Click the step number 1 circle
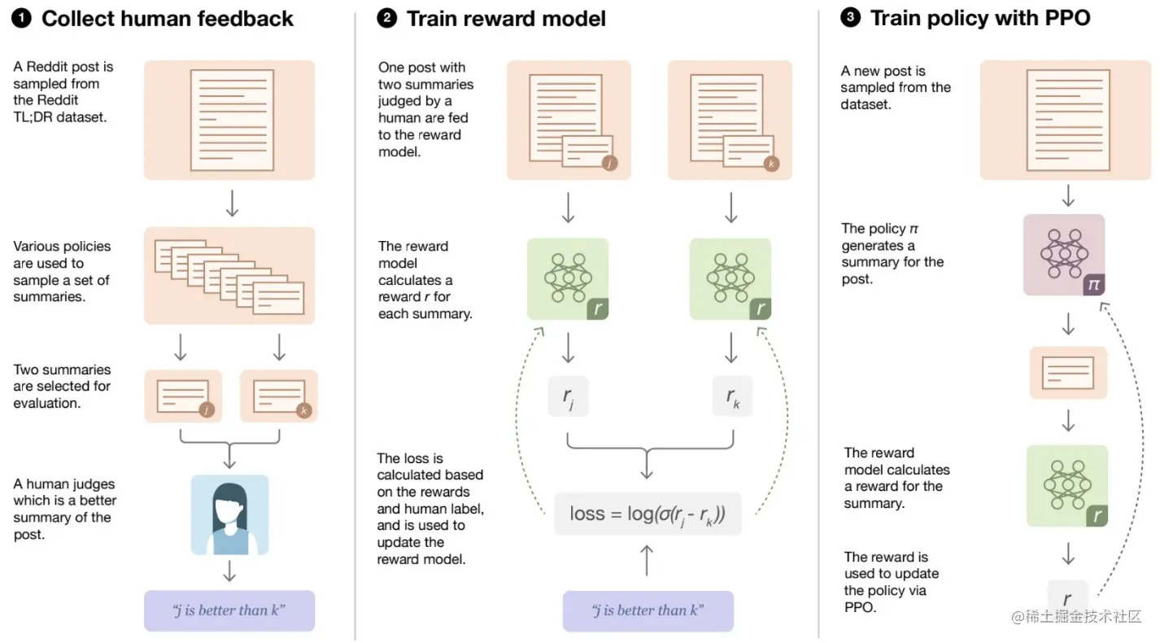point(22,19)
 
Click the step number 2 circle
point(388,19)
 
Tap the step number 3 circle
point(851,18)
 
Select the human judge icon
point(229,515)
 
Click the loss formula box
point(648,514)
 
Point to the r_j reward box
point(568,396)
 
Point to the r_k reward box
point(731,396)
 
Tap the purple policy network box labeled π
point(1064,255)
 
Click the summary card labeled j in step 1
point(183,396)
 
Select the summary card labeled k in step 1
point(279,396)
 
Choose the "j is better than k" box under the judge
point(229,610)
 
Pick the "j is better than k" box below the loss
point(648,610)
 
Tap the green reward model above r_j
point(568,278)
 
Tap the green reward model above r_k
point(730,278)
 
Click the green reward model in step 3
point(1067,485)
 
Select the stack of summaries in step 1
point(229,276)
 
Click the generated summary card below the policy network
point(1068,373)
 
